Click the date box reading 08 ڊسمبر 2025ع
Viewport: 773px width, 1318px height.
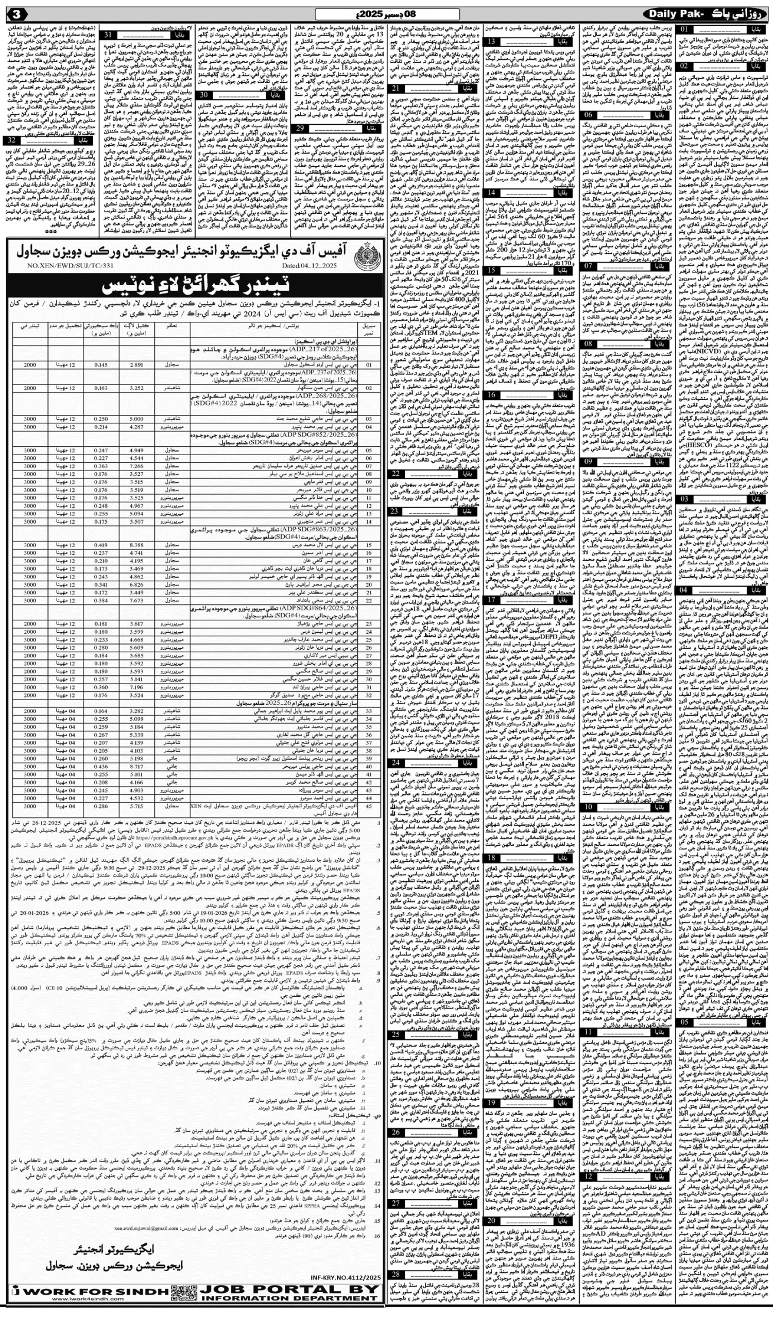387,13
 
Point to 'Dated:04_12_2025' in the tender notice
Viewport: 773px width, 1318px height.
309,266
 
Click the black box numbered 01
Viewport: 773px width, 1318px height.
685,29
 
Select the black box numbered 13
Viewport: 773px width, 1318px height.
492,42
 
